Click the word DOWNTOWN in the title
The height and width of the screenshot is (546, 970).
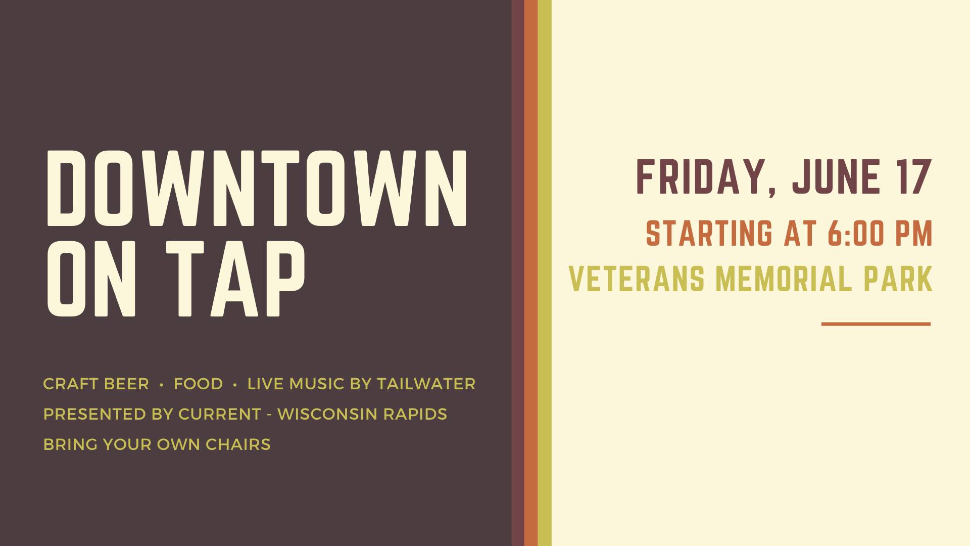[257, 188]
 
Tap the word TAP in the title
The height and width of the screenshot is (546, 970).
[235, 279]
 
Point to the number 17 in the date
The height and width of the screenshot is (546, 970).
[914, 176]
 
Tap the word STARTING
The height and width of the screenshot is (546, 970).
[709, 233]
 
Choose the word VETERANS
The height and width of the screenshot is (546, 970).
[637, 279]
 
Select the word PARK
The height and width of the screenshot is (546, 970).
[898, 279]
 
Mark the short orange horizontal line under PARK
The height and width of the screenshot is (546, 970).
[876, 324]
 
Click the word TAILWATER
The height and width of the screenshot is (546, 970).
[426, 384]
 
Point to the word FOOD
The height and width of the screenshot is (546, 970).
[198, 384]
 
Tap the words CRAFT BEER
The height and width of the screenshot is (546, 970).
[96, 384]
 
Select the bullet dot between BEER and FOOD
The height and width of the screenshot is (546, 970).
[161, 385]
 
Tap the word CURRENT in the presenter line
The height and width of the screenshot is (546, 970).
[220, 414]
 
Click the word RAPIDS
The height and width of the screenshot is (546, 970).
[415, 414]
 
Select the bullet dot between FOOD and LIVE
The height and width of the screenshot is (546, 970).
[235, 385]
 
